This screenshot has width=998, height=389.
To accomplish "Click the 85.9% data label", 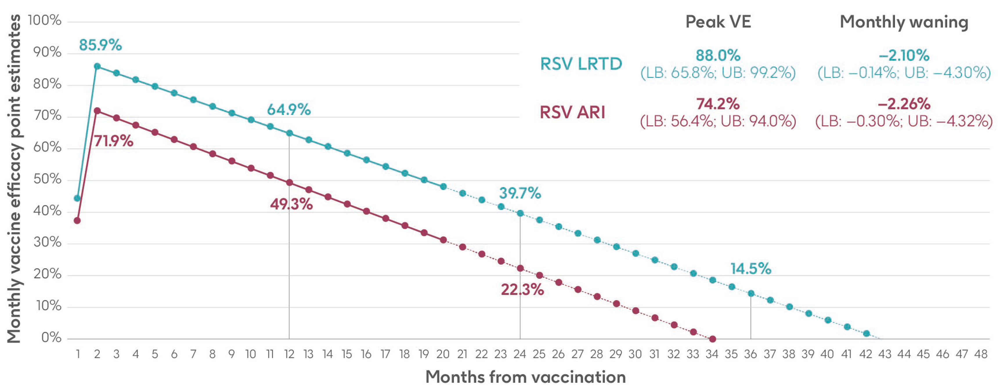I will point(100,45).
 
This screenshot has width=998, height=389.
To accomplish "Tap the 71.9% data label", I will point(113,141).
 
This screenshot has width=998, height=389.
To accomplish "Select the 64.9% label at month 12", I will point(289,110).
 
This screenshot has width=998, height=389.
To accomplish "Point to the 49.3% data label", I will point(291,204).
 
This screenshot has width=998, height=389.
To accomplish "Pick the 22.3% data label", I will point(522,290).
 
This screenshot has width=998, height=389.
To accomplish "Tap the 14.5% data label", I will point(750,269).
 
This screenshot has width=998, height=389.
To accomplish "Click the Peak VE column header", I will point(718,22).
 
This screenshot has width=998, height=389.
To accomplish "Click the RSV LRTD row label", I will point(581,64).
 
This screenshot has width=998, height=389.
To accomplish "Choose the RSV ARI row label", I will point(572,112).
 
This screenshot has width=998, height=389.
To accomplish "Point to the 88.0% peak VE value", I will point(718,55).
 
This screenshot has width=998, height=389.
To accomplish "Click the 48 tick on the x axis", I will point(981,354).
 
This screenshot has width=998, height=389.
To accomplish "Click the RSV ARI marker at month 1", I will point(77,220).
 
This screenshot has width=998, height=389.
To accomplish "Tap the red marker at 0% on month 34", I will point(712,339).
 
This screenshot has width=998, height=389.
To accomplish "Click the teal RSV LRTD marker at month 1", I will point(77,198).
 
